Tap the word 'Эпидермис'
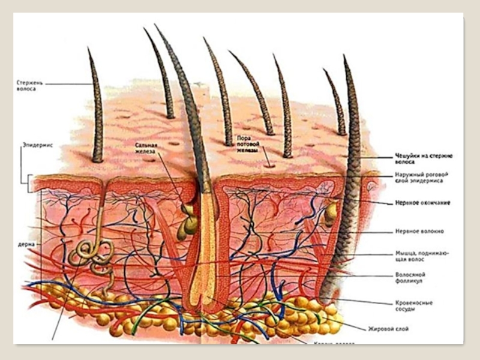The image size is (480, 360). coord(37,145)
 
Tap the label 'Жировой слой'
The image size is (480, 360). coord(385,328)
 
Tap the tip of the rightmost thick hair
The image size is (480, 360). coord(345,56)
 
